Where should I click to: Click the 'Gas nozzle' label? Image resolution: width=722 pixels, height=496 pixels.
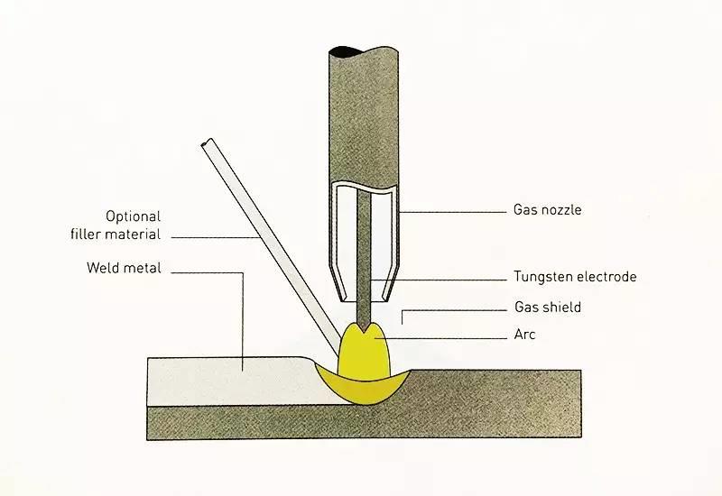pyautogui.click(x=547, y=210)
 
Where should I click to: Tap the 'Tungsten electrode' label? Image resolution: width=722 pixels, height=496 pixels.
pyautogui.click(x=575, y=277)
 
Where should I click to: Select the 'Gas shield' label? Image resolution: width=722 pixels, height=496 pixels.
pyautogui.click(x=547, y=308)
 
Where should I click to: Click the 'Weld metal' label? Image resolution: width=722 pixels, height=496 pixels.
pyautogui.click(x=123, y=268)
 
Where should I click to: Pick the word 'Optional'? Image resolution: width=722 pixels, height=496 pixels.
pyautogui.click(x=133, y=216)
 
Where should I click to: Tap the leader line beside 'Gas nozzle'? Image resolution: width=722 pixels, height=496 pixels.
pyautogui.click(x=451, y=211)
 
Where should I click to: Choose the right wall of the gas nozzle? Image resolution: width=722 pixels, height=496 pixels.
pyautogui.click(x=395, y=243)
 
